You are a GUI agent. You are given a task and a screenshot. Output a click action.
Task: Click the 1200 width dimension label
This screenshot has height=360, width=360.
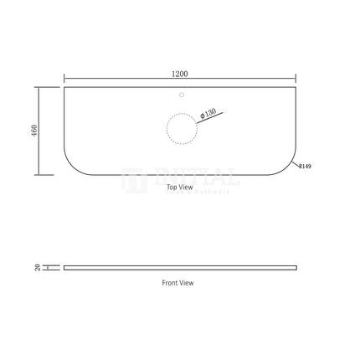(x=179, y=74)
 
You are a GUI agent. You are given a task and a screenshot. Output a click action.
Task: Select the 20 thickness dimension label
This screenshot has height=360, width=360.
(x=38, y=267)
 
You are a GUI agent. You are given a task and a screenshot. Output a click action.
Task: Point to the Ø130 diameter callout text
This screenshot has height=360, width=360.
(x=209, y=112)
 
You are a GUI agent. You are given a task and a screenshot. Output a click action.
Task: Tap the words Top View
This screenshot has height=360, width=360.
(x=179, y=188)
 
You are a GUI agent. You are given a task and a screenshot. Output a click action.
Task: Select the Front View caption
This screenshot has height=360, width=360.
(x=177, y=283)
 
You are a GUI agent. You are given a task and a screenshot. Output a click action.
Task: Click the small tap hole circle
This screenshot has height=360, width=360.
(x=182, y=95)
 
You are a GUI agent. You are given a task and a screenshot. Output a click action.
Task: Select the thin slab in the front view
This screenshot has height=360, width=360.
(x=180, y=267)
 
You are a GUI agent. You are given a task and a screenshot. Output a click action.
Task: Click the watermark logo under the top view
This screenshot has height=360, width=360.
(x=181, y=178)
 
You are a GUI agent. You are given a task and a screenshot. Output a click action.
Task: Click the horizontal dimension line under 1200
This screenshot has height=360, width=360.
(x=180, y=80)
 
